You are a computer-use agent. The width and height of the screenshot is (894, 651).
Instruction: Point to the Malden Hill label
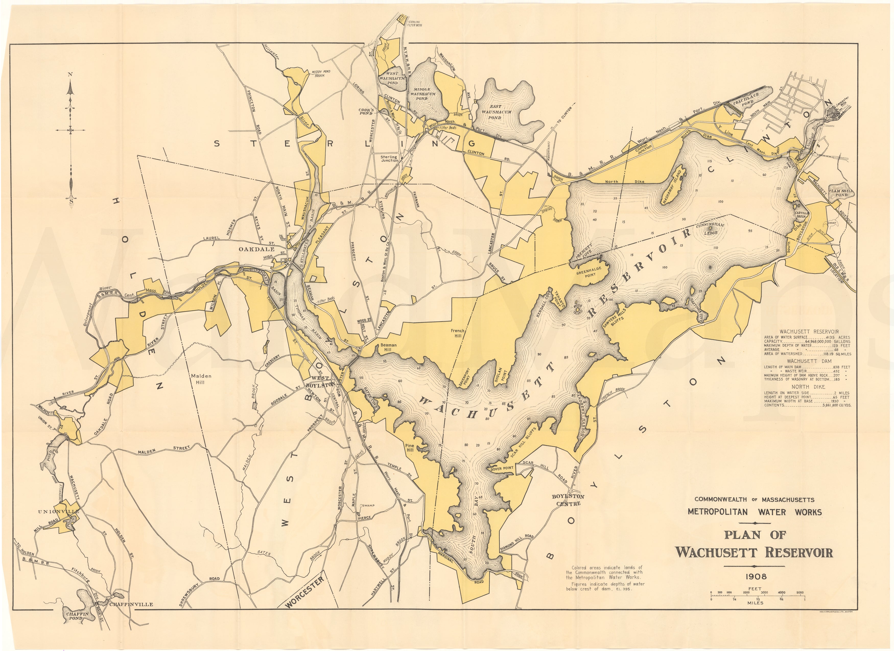click(x=201, y=379)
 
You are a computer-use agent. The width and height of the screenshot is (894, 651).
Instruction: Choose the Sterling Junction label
click(x=389, y=159)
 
